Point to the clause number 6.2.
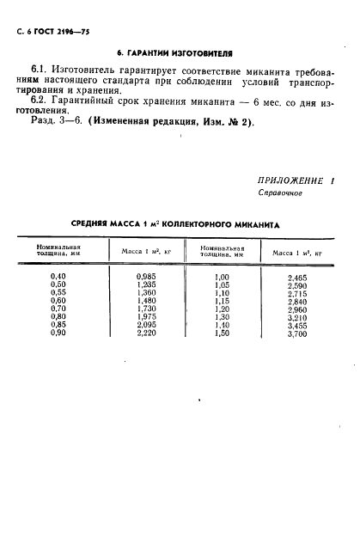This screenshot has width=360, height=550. [40, 102]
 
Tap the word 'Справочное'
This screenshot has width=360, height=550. [280, 193]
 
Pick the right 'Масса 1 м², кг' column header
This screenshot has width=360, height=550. [296, 254]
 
